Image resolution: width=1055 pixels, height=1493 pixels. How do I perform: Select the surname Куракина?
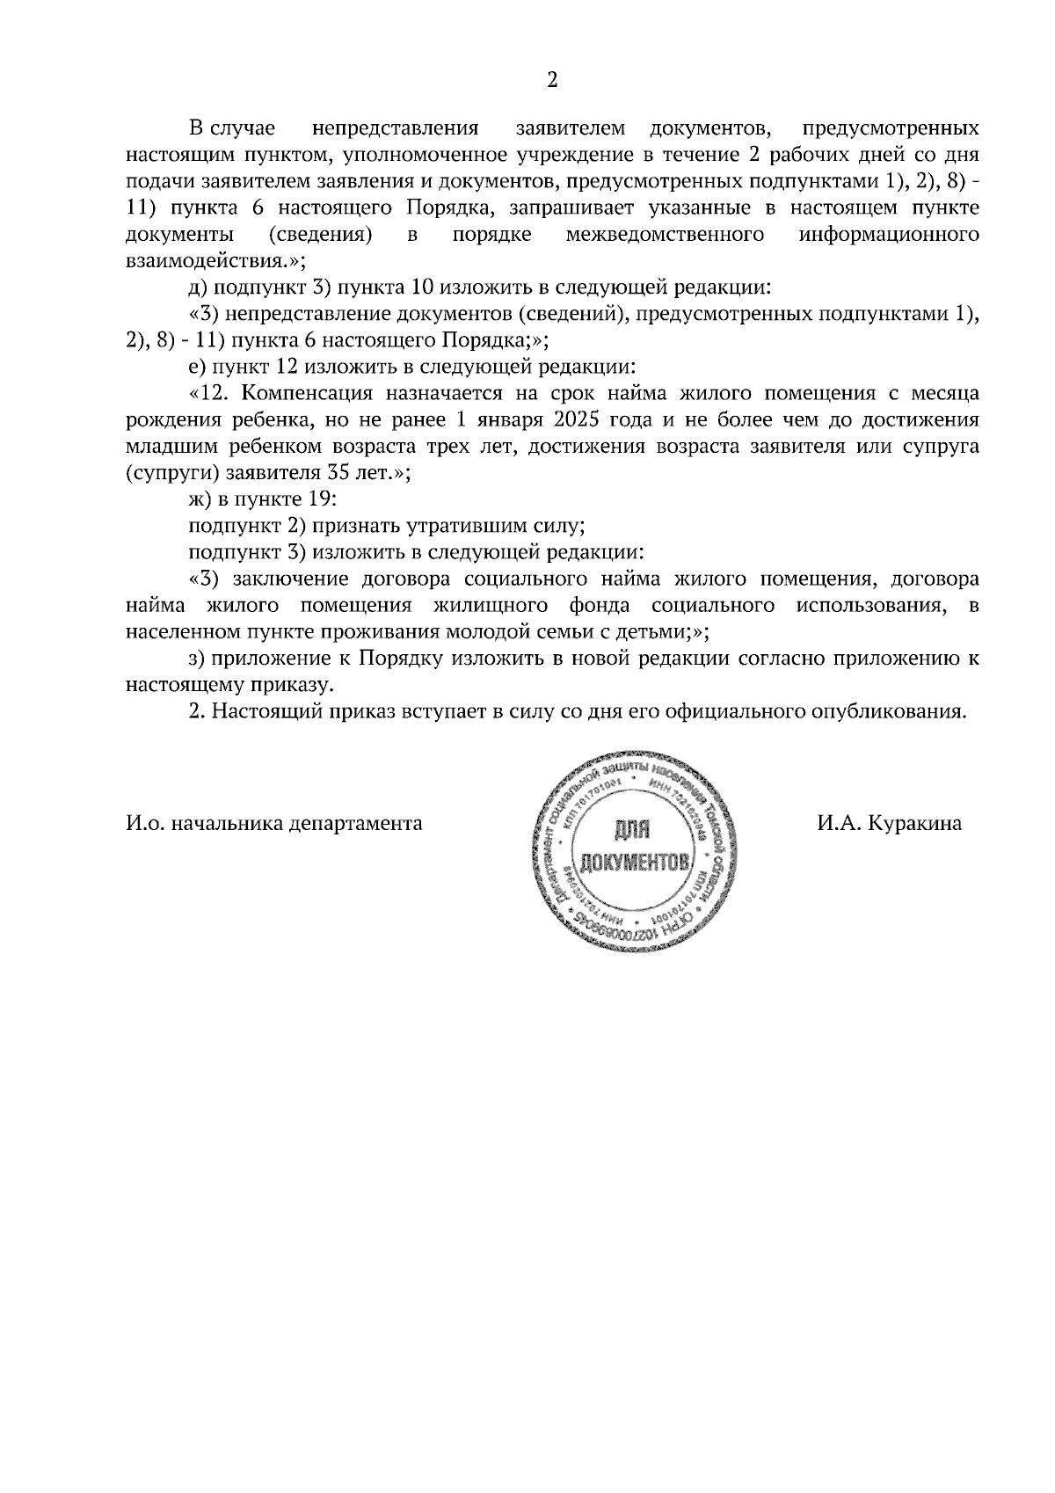[914, 824]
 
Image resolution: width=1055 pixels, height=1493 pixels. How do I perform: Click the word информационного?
[890, 236]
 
